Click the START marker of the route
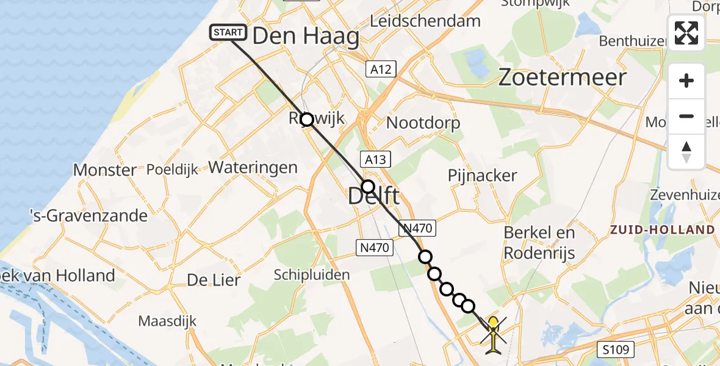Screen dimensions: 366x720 coord(229,32)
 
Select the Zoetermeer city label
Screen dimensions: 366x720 coord(562,77)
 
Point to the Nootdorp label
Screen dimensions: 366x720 coord(423,123)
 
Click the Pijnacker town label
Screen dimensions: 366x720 coord(482,176)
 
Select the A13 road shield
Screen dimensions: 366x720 coord(376,159)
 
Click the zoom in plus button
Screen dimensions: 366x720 coord(686,81)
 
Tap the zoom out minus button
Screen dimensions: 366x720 coord(686,116)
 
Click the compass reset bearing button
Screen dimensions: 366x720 coord(686,152)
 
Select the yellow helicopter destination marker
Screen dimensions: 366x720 coord(492,332)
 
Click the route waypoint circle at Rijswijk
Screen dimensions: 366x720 coord(307,120)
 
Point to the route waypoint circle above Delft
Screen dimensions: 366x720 coord(368,186)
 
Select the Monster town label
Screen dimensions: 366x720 coord(104,170)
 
